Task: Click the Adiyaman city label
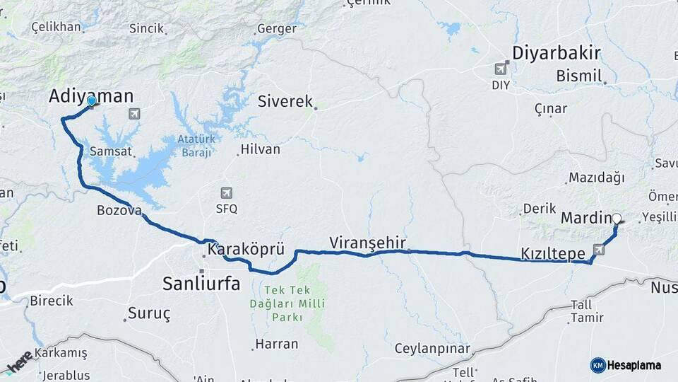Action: [x=90, y=97]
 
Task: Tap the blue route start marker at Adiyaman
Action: [x=92, y=102]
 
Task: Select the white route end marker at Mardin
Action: [x=617, y=219]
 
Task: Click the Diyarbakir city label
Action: [x=556, y=52]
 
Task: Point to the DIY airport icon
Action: [x=501, y=69]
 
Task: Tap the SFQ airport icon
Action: [x=226, y=192]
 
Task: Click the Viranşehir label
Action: [x=367, y=243]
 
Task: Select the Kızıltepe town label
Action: [x=553, y=253]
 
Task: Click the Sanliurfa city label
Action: [x=201, y=284]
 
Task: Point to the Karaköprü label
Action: [x=246, y=249]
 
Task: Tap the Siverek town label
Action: [x=285, y=101]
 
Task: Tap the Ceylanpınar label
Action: [x=422, y=349]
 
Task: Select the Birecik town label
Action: [x=51, y=301]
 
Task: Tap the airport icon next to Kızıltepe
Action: [x=600, y=249]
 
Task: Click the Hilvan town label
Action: [x=260, y=149]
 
